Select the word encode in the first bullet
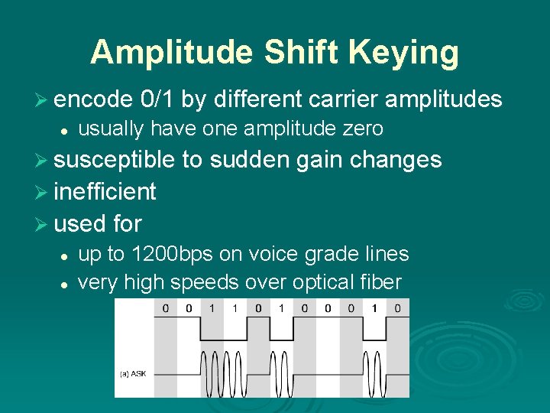94,99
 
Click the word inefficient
105,191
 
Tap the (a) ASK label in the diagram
134,373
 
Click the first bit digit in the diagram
165,308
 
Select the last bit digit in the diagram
397,308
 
